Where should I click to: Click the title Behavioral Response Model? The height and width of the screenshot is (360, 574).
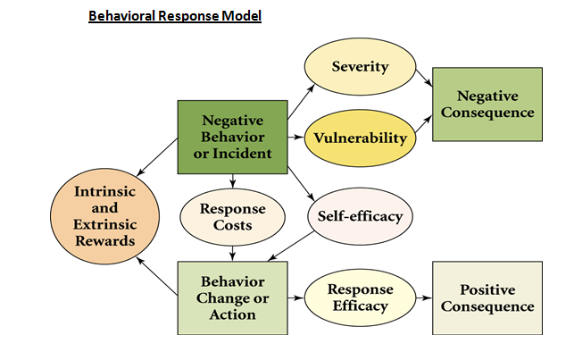175,16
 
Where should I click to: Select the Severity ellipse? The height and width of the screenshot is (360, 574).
361,67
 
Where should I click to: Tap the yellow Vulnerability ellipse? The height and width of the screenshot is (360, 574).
361,138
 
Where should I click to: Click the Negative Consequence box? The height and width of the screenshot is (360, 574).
487,104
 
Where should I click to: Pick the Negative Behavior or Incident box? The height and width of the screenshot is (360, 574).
232,137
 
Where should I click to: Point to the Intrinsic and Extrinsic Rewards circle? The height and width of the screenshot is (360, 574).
104,216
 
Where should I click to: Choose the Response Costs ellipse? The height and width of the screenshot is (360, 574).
232,217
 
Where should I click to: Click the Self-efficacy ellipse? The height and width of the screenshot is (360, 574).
361,216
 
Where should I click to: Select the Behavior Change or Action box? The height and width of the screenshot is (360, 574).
232,297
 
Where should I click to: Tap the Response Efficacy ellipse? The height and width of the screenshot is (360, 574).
361,297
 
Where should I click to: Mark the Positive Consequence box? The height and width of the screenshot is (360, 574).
487,297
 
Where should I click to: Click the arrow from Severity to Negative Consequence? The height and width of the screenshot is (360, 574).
424,78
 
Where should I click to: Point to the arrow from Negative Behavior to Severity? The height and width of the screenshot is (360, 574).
301,102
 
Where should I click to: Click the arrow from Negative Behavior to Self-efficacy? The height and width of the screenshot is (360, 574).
301,183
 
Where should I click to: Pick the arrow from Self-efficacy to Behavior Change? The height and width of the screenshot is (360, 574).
290,246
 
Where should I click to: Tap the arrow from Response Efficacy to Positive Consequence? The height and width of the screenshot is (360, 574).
424,297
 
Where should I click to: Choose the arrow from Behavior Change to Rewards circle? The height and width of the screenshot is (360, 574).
157,276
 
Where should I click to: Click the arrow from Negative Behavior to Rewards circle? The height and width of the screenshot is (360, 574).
157,157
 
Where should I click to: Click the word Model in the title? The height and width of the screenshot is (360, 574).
242,16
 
